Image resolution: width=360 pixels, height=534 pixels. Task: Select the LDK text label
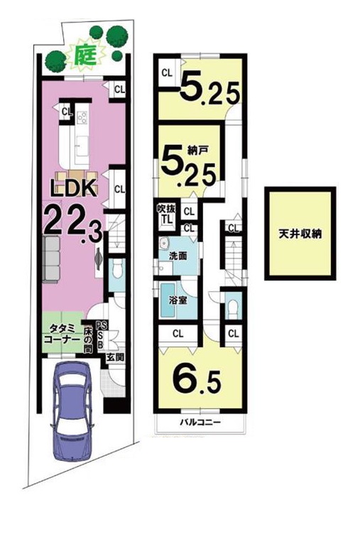[x=73, y=187]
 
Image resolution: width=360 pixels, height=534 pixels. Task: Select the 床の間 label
[x=88, y=339]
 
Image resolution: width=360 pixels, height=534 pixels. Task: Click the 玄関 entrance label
[x=114, y=357]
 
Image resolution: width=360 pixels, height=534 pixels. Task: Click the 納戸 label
[x=198, y=150]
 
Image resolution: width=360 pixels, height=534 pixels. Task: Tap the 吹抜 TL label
[x=167, y=214]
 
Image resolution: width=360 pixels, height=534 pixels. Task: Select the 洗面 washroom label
[x=178, y=256]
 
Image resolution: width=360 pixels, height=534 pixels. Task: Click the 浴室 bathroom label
[x=178, y=300]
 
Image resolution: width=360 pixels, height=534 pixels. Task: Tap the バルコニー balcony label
[x=200, y=423]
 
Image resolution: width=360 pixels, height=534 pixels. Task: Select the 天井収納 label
[x=300, y=234]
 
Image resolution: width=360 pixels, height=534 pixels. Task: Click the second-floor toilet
[x=234, y=308]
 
